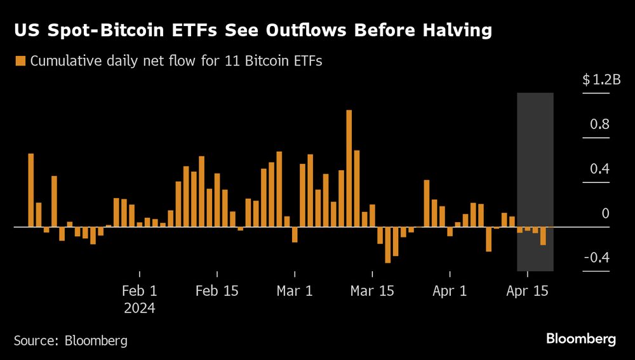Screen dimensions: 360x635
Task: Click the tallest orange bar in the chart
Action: [x=349, y=168]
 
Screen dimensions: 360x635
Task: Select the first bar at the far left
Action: [x=30, y=190]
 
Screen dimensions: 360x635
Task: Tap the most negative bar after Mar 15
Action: [x=387, y=244]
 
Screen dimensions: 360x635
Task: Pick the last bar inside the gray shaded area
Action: [x=543, y=236]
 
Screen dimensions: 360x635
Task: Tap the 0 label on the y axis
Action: [x=605, y=213]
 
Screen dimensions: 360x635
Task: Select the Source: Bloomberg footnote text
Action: [x=70, y=340]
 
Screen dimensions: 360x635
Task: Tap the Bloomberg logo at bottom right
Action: [x=581, y=339]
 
